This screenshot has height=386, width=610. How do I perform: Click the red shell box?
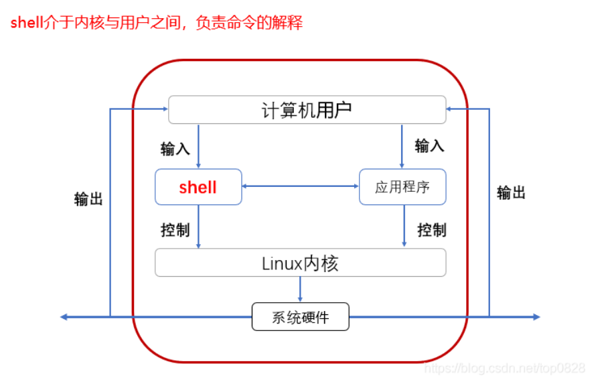click(198, 187)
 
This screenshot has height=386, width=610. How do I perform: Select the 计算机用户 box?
click(307, 110)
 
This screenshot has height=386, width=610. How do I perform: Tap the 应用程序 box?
click(402, 187)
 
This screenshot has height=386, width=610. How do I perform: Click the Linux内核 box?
click(300, 263)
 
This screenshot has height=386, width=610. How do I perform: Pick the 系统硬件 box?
click(300, 317)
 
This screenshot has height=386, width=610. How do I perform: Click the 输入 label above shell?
click(175, 148)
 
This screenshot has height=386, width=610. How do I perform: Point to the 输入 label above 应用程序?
click(429, 145)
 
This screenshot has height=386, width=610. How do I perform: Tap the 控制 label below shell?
click(175, 230)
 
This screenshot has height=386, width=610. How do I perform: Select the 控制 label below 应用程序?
click(432, 230)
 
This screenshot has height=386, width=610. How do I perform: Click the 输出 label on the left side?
click(88, 199)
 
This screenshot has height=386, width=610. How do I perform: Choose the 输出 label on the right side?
click(511, 193)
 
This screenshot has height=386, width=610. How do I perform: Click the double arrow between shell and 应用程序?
click(300, 186)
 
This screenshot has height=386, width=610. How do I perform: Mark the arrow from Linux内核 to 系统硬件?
click(300, 289)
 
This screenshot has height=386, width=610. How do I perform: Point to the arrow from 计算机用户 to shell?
click(198, 146)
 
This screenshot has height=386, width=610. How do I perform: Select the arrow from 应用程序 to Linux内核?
click(404, 227)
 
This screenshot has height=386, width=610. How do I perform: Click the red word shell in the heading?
click(26, 23)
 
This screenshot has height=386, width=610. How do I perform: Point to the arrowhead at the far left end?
click(63, 317)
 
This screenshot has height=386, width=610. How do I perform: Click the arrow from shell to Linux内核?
click(198, 227)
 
